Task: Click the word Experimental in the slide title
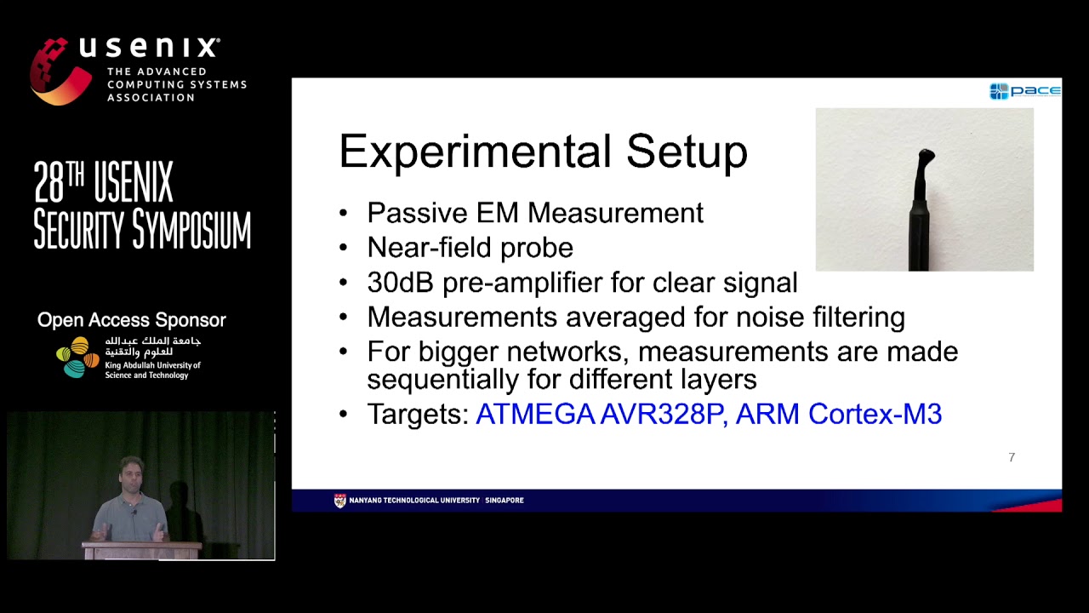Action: point(475,152)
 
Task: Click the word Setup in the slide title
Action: point(687,152)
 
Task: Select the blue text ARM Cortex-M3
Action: point(838,414)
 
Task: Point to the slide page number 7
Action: point(1012,457)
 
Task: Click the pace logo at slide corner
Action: point(1024,91)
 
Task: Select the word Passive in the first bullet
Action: point(414,213)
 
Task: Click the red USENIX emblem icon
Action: point(60,72)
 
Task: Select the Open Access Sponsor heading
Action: point(131,320)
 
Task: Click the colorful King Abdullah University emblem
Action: point(77,357)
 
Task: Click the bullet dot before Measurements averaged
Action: point(344,318)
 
